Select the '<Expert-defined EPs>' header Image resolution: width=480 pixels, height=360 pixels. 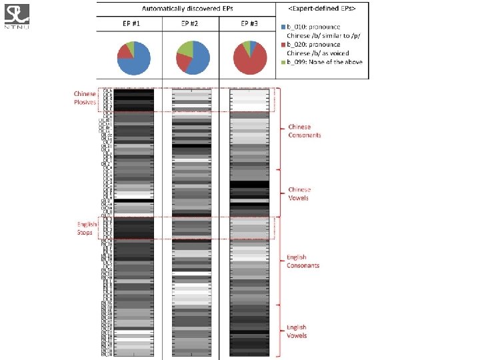[x=322, y=8]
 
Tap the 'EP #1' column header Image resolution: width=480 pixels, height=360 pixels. [x=130, y=23]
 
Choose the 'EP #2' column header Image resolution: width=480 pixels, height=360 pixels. [x=190, y=23]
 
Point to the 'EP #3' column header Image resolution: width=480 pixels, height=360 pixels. [x=249, y=23]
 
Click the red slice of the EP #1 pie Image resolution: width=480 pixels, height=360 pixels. [x=123, y=51]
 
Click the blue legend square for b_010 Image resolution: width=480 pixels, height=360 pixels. [x=283, y=25]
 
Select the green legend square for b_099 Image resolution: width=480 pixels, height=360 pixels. [x=283, y=61]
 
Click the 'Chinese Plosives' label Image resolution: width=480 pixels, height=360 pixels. [x=85, y=98]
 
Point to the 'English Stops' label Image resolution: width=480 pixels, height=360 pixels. [x=87, y=228]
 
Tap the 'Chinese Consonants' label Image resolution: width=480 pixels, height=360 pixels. [x=304, y=131]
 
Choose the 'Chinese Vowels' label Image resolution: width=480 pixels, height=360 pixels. [x=299, y=194]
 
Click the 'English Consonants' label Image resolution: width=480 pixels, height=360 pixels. [x=303, y=261]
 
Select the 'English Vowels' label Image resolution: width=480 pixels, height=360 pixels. [x=297, y=331]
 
